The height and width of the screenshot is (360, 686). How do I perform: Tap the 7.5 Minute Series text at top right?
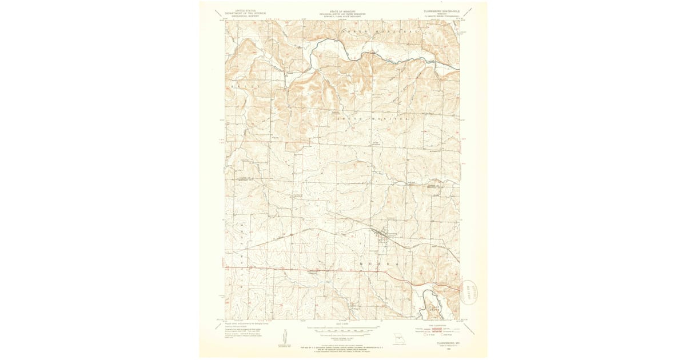(x=441, y=17)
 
